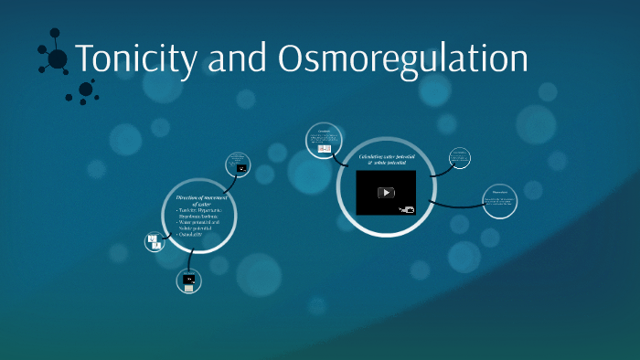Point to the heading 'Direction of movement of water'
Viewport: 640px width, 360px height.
pyautogui.click(x=206, y=200)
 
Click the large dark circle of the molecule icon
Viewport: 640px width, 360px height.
pyautogui.click(x=57, y=58)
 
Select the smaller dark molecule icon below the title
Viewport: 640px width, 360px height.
pyautogui.click(x=86, y=90)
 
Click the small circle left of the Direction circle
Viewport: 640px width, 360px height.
pyautogui.click(x=154, y=242)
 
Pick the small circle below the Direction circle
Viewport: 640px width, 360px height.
pyautogui.click(x=189, y=280)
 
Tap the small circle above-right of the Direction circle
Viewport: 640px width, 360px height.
pyautogui.click(x=239, y=164)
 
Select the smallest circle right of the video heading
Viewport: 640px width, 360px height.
pyautogui.click(x=460, y=158)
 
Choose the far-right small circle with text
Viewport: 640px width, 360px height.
pyautogui.click(x=500, y=200)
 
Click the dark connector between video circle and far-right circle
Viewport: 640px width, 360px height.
pyautogui.click(x=457, y=204)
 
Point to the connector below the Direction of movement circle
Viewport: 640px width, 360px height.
pyautogui.click(x=192, y=260)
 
